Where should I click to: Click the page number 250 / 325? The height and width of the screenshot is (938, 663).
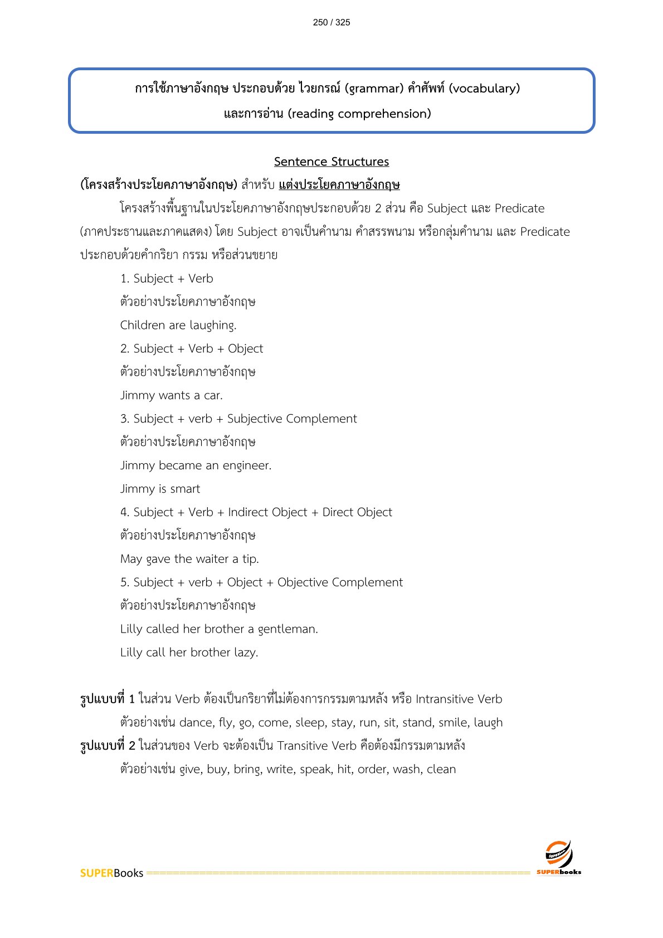(x=331, y=22)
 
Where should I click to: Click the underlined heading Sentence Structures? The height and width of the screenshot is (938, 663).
(x=331, y=162)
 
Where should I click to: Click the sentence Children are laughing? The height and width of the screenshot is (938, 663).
(x=178, y=325)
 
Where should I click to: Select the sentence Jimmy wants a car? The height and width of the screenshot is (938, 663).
(x=172, y=395)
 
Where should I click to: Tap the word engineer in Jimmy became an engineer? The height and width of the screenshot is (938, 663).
(x=246, y=465)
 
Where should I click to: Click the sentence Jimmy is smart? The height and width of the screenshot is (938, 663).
(x=160, y=489)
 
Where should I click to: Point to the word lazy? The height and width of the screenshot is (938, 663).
(x=246, y=653)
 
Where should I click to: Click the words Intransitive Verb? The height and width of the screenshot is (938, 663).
(x=459, y=699)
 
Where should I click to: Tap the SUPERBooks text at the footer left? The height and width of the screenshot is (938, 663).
(x=111, y=873)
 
